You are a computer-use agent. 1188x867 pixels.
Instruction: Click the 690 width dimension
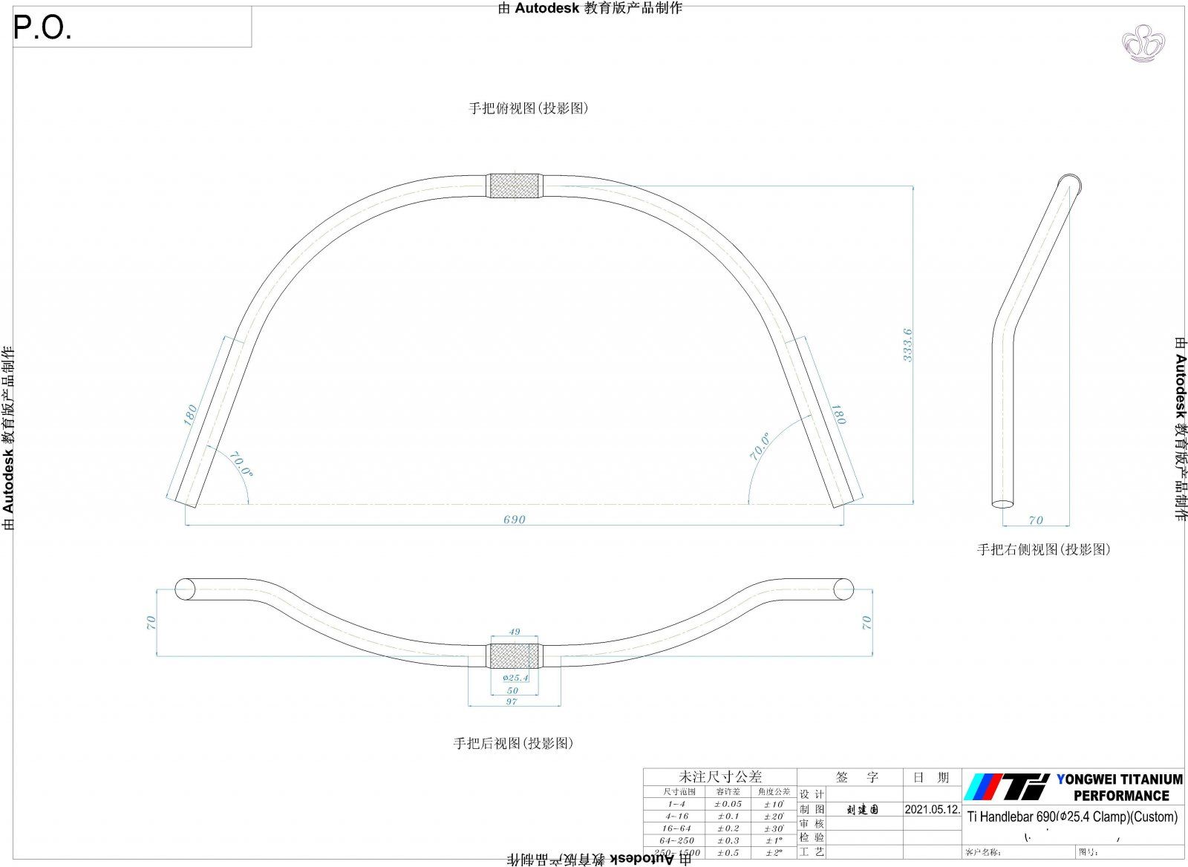(514, 520)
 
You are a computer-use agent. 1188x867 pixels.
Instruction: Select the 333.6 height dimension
(907, 345)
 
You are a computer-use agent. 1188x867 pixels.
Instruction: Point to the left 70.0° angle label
(240, 464)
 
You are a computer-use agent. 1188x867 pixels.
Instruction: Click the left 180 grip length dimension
(190, 413)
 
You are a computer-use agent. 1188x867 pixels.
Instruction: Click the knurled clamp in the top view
(514, 186)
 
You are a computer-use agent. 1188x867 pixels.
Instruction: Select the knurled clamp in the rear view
(514, 656)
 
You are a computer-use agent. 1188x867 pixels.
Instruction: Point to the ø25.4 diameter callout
(515, 678)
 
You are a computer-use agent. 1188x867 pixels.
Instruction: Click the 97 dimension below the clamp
(512, 701)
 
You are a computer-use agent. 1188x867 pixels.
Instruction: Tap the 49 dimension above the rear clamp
(514, 632)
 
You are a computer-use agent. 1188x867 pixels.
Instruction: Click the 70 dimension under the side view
(1036, 520)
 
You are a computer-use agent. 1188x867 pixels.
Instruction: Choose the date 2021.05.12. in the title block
(932, 809)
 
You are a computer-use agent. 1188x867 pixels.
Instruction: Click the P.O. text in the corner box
(43, 29)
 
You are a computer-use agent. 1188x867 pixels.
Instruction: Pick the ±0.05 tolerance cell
(728, 804)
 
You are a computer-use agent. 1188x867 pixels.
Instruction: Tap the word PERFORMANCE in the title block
(1121, 796)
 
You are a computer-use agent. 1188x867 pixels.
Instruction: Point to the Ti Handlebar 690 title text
(1071, 817)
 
